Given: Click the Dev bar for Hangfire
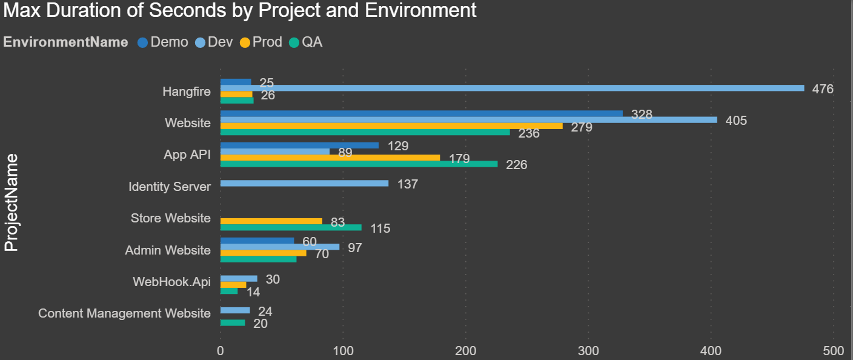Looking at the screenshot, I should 512,88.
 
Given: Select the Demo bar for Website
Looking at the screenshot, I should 421,113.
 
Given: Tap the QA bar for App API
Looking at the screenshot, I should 359,164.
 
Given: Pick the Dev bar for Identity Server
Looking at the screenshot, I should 304,183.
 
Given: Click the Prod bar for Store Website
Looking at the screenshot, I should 271,221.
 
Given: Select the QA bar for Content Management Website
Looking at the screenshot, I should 233,323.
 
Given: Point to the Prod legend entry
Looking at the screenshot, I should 261,42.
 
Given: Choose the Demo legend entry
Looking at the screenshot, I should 163,42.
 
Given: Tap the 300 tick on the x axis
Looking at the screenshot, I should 588,351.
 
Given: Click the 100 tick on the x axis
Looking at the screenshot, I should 343,351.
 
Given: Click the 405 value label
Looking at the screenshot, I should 736,121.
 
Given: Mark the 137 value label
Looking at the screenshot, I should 408,184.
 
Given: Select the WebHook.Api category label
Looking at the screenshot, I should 172,282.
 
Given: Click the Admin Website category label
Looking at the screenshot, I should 168,250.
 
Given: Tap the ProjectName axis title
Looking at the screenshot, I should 12,202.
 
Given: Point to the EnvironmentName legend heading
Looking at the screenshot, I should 65,42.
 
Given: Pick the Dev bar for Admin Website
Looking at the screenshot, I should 280,247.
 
